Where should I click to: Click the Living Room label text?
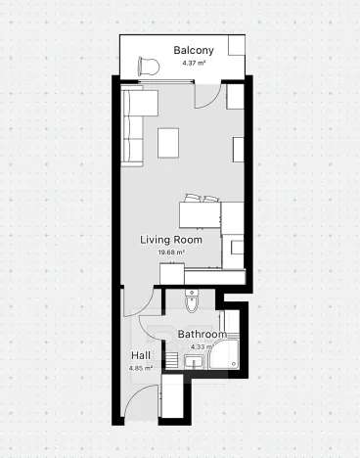click(x=171, y=240)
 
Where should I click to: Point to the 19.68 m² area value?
click(x=171, y=252)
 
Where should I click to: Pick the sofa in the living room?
click(x=133, y=127)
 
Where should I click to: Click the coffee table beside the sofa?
click(x=170, y=143)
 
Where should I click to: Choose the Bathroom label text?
click(x=202, y=335)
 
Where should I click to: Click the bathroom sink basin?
click(x=191, y=363)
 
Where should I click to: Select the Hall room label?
click(x=141, y=355)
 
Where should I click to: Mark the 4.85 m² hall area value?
click(x=141, y=368)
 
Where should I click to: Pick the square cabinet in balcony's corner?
click(x=237, y=48)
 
